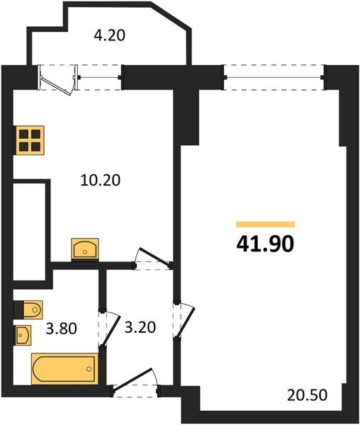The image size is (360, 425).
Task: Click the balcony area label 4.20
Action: click(x=110, y=35)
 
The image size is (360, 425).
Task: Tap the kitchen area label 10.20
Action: click(x=101, y=180)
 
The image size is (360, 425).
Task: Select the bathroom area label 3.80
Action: click(x=62, y=329)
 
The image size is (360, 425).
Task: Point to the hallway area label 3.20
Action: click(x=140, y=327)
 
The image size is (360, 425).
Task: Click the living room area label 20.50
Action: click(x=307, y=395)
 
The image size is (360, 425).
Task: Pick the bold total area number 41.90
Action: click(x=265, y=244)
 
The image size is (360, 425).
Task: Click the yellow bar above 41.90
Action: click(x=266, y=224)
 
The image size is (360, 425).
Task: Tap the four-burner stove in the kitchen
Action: click(x=30, y=140)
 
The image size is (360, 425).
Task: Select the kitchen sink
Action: click(x=85, y=248)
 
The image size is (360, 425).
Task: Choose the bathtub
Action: click(x=64, y=369)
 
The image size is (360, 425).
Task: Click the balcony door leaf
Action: click(x=55, y=84)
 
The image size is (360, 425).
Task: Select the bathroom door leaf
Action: click(x=111, y=331)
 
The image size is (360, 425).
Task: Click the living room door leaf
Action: click(x=186, y=322)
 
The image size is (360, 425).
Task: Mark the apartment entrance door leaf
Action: click(x=132, y=379)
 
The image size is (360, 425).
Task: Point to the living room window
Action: click(x=274, y=77)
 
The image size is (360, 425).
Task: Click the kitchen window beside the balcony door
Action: click(x=99, y=77)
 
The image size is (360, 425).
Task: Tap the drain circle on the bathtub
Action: click(x=89, y=369)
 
